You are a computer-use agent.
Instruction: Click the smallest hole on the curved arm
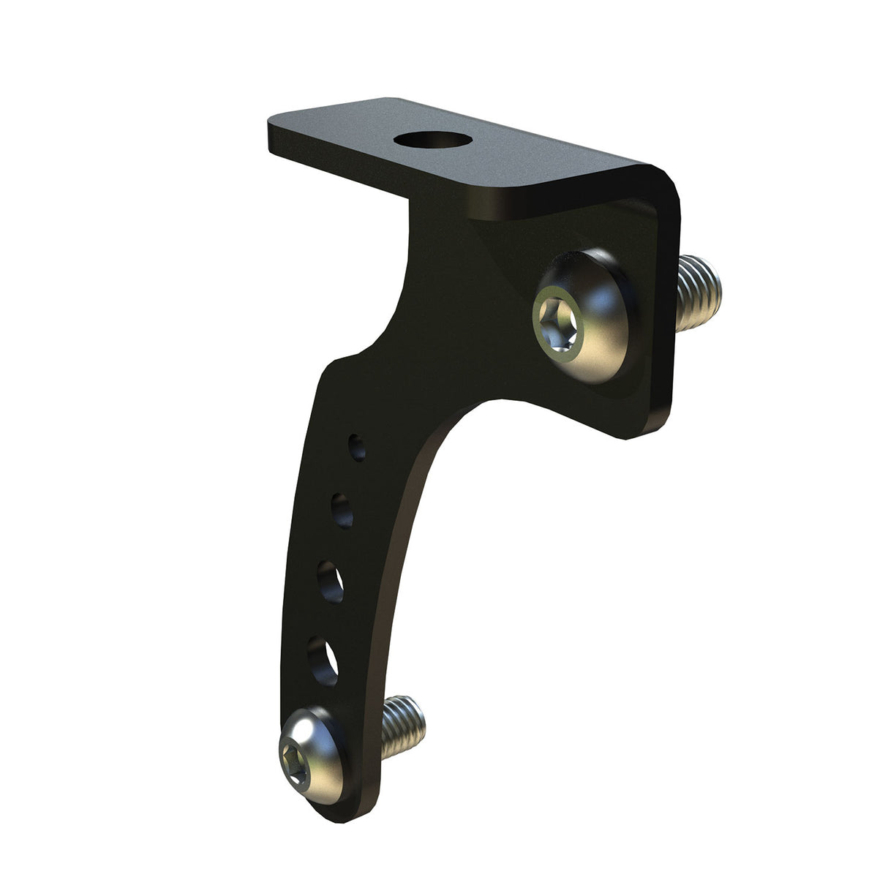coord(358,447)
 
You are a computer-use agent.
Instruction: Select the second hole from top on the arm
coord(342,508)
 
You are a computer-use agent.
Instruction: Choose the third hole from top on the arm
coord(331,581)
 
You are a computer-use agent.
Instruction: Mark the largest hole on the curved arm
coord(322,659)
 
